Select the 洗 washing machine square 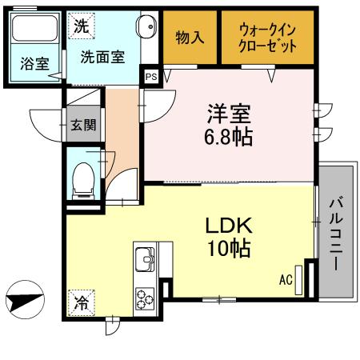[81, 26]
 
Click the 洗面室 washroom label [101, 58]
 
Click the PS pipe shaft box [151, 76]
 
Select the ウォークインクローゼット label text [267, 38]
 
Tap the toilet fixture [83, 181]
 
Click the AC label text [286, 281]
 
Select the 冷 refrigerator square [81, 302]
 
